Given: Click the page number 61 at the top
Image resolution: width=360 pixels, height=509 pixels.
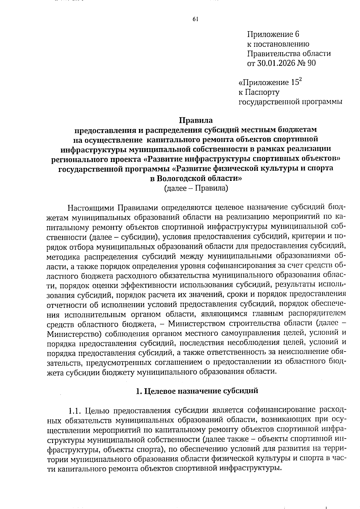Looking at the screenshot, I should click(x=195, y=19).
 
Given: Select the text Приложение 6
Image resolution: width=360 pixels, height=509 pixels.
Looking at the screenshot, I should click(x=273, y=34).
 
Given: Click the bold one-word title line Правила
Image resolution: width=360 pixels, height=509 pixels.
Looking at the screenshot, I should click(x=196, y=120).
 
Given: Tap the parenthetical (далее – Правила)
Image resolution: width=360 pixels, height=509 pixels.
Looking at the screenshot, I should click(x=196, y=188).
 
